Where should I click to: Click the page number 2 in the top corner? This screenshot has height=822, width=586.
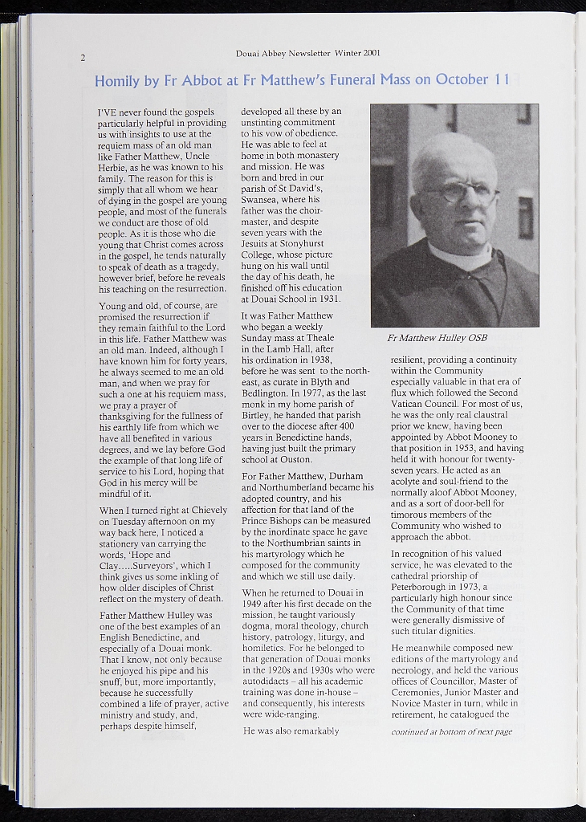[x=83, y=58]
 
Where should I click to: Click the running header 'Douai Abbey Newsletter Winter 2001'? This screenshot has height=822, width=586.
[x=307, y=54]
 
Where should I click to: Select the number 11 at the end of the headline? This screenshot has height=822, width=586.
[x=502, y=79]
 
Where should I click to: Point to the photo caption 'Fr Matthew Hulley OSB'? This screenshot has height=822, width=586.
[x=437, y=338]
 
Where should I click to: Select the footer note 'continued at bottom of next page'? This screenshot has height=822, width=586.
[x=451, y=732]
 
